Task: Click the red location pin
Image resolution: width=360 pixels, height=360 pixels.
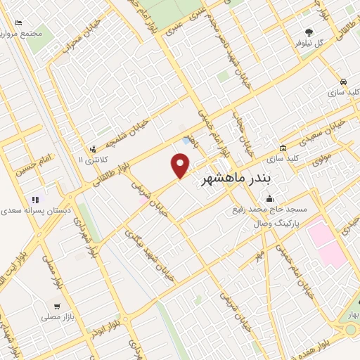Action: (181, 165)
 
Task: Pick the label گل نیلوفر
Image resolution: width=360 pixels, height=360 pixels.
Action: (309, 42)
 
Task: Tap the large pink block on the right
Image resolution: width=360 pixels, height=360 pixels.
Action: (325, 243)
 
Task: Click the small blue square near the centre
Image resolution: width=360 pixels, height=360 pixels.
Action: (186, 141)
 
